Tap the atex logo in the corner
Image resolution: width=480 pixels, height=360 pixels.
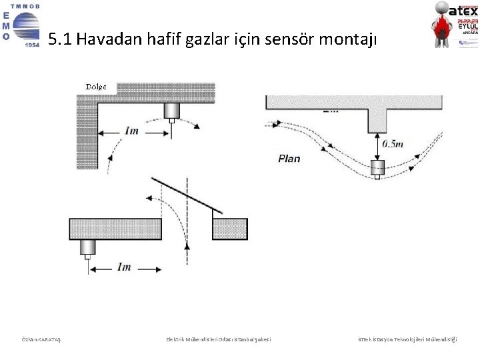click(454, 25)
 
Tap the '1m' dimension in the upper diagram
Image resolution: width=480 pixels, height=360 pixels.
click(131, 131)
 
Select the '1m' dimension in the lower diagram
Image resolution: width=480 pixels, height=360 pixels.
click(124, 267)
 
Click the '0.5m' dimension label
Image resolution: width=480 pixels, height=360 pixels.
click(392, 143)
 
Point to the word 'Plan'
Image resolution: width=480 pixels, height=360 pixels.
click(289, 159)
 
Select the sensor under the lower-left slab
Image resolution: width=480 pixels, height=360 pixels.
click(88, 248)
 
